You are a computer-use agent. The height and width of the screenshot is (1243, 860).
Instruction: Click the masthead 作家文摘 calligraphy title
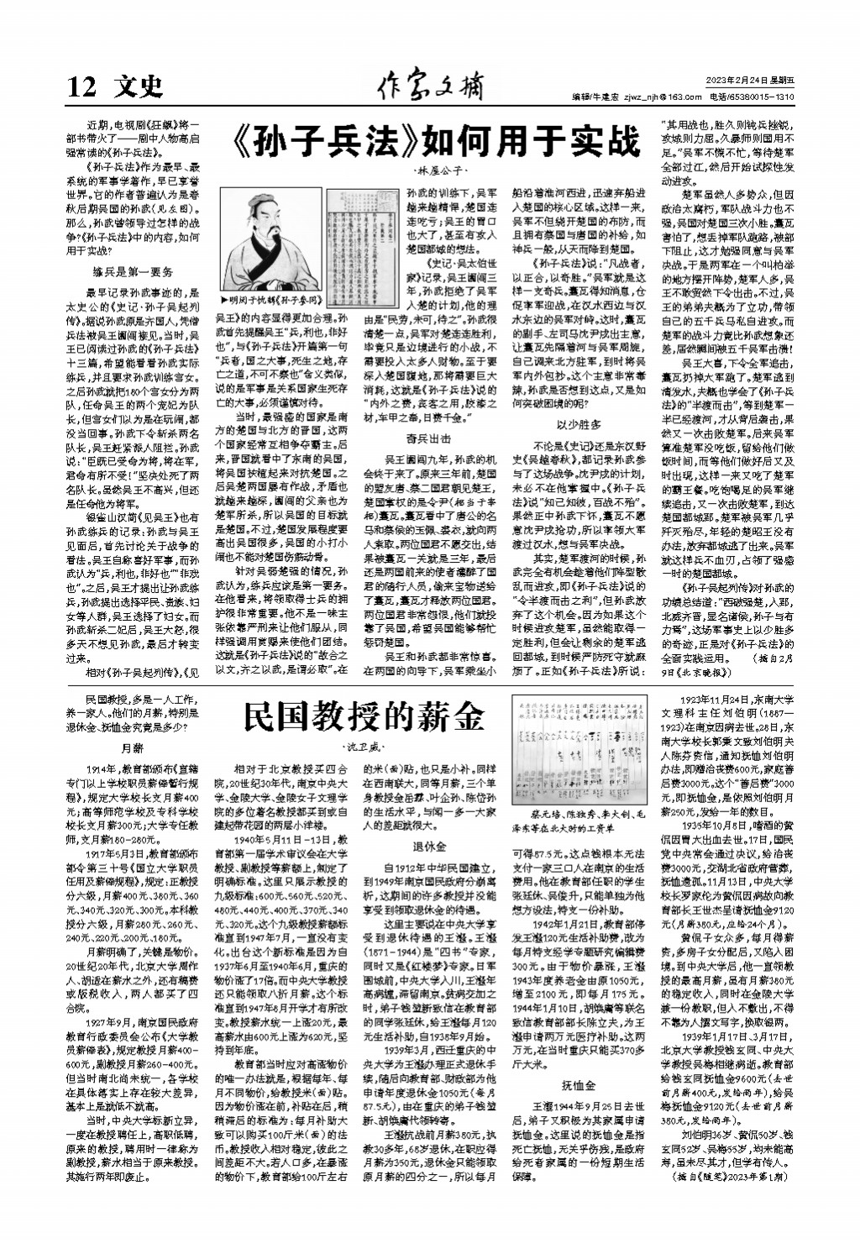[x=430, y=84]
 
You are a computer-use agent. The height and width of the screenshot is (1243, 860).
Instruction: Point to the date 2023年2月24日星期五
[x=750, y=80]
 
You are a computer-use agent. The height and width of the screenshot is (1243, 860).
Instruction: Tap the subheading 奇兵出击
[x=428, y=438]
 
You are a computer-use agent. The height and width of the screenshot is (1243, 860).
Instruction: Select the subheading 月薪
[x=133, y=747]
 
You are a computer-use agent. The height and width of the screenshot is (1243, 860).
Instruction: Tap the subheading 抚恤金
[x=578, y=1084]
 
